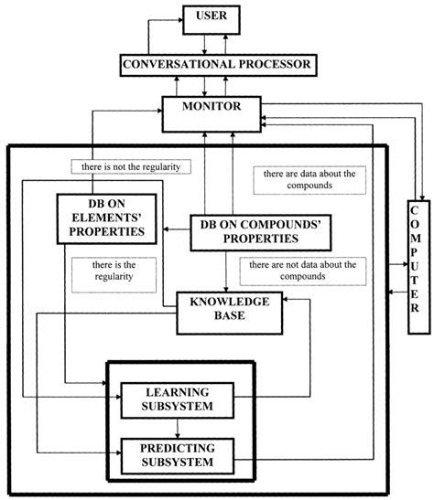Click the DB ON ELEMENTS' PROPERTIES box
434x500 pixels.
pyautogui.click(x=103, y=220)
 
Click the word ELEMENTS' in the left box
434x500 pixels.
pyautogui.click(x=103, y=220)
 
